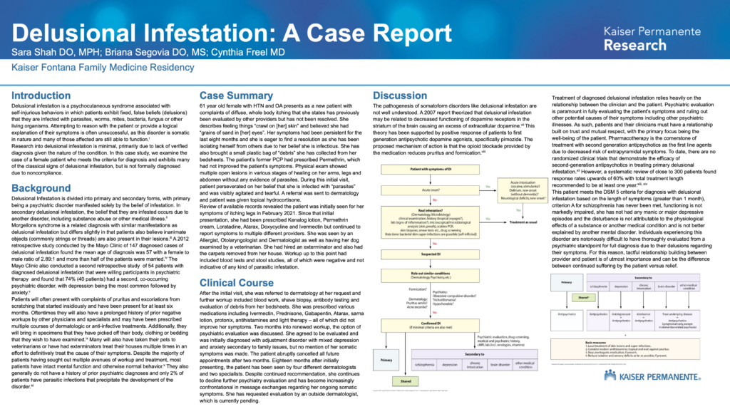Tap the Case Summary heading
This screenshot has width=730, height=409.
236,95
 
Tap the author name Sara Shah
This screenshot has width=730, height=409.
36,53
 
